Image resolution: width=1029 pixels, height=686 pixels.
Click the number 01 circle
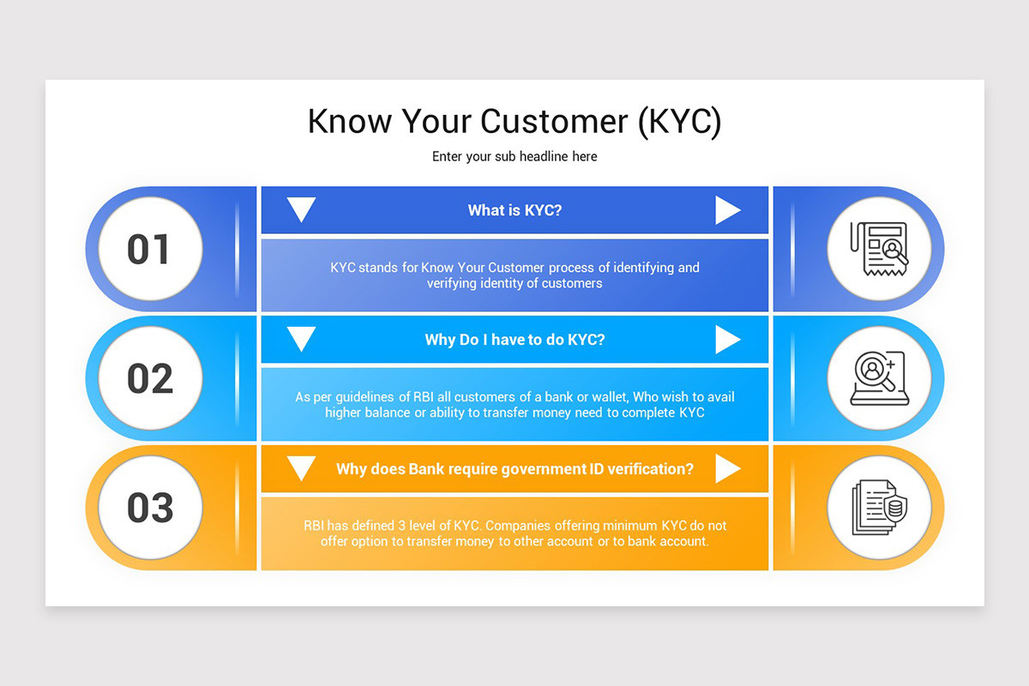tap(150, 249)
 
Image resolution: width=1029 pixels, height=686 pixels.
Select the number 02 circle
tap(150, 378)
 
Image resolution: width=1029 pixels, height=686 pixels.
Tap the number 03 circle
tap(150, 508)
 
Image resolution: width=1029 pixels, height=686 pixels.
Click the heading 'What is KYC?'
tap(514, 210)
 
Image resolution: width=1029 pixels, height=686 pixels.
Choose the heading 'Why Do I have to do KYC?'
tap(514, 340)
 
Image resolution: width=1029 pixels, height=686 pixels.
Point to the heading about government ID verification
tap(514, 469)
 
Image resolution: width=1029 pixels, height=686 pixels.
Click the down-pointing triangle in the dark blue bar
tap(301, 209)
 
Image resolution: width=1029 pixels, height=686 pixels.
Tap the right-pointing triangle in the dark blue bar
tap(728, 210)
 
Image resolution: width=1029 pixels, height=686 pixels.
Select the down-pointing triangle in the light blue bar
tap(301, 339)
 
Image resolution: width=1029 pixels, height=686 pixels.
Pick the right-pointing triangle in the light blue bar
tap(728, 340)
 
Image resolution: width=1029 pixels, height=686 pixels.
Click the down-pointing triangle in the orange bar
tap(301, 468)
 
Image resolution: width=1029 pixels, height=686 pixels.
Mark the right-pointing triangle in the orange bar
tap(728, 469)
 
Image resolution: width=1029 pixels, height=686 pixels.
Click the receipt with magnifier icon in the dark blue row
tap(879, 249)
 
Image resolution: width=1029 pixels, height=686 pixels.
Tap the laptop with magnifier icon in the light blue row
tap(879, 378)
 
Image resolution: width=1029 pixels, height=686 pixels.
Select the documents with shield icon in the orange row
tap(879, 508)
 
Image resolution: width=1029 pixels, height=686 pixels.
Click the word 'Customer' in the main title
tap(554, 122)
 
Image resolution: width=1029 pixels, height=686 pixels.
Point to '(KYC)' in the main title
tap(680, 123)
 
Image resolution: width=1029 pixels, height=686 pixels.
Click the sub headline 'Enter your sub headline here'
tap(514, 157)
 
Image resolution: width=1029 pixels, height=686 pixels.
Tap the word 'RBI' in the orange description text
tap(313, 525)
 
